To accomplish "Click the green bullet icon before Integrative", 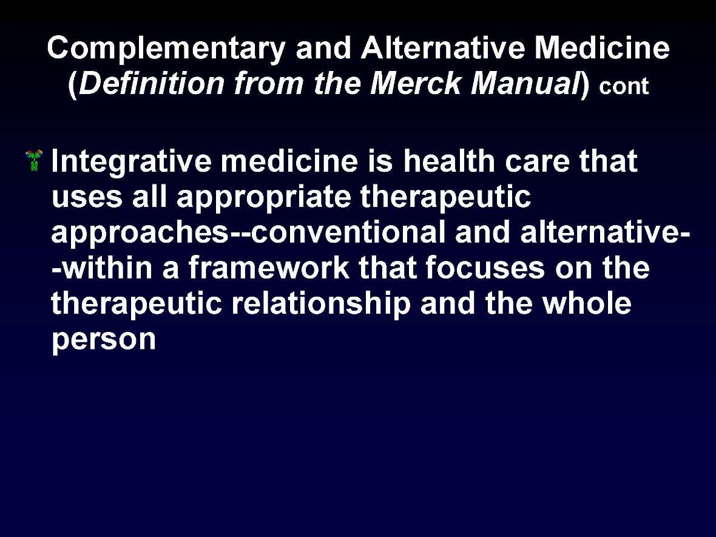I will coord(35,161).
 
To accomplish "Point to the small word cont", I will coord(624,87).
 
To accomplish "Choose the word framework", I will coord(269,269).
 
